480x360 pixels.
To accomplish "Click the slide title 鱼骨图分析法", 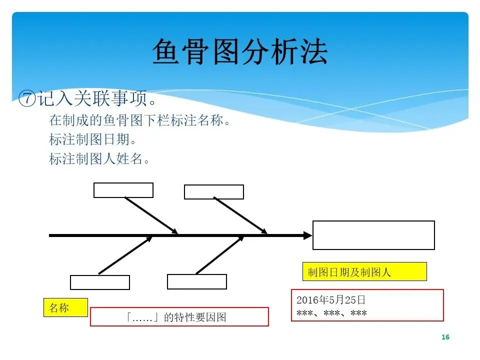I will (239, 52).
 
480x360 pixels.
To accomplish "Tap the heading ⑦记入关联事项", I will (88, 98).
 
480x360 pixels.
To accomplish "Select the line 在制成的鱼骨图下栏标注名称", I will (140, 120).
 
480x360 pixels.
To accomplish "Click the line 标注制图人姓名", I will (99, 158).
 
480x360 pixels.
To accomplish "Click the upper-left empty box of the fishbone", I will (123, 190).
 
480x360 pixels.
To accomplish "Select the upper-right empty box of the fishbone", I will (214, 192).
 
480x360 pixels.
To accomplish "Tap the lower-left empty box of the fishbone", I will (100, 282).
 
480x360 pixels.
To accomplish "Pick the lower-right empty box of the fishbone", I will (197, 281).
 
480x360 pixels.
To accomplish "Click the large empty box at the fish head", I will (373, 235).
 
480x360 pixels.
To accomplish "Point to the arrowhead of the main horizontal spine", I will (306, 235).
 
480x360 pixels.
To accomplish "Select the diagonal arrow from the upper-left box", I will (151, 215).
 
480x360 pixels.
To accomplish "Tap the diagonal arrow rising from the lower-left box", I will (125, 255).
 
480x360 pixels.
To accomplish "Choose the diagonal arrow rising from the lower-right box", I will (219, 255).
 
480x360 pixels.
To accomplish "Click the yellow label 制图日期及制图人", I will (364, 271).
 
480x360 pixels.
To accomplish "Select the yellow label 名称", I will (65, 307).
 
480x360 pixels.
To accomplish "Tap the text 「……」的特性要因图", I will (179, 317).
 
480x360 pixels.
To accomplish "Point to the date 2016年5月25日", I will (331, 300).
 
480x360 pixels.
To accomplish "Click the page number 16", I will (445, 337).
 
